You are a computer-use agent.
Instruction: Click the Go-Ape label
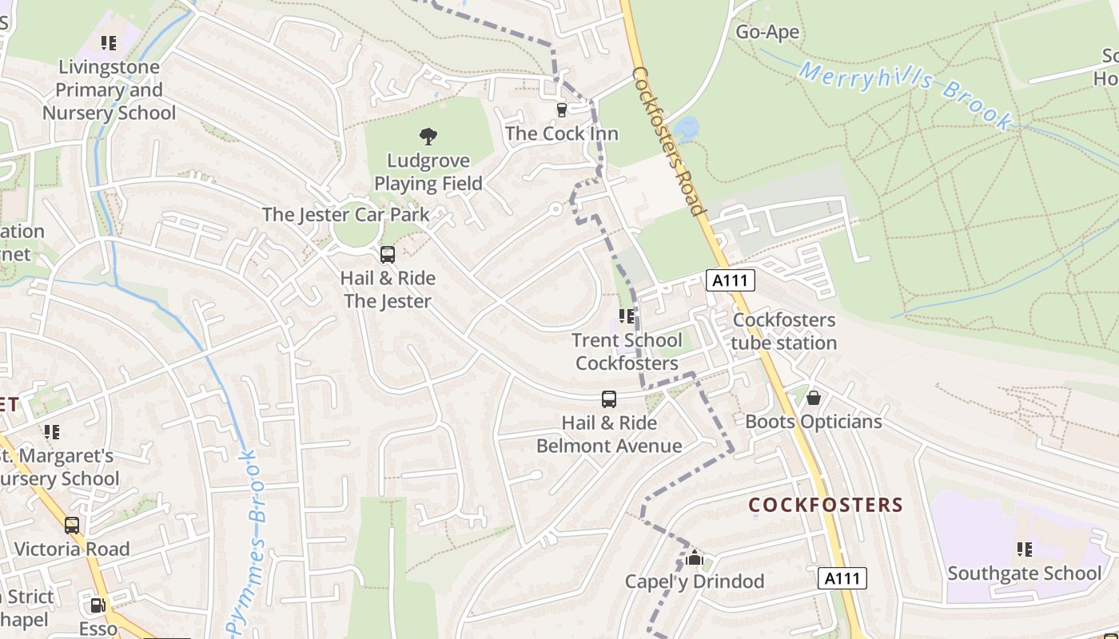click(767, 32)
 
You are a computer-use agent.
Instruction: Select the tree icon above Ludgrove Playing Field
click(428, 137)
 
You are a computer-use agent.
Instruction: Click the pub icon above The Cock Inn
click(561, 109)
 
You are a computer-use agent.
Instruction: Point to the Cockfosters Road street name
click(671, 141)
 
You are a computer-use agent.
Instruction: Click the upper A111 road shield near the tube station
click(731, 280)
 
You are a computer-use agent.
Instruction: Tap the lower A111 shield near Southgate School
click(843, 578)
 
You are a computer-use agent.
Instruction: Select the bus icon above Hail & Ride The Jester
click(388, 255)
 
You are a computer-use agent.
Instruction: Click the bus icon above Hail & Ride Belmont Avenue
click(609, 399)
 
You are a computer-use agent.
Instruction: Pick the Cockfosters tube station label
click(784, 331)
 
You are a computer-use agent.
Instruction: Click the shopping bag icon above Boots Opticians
click(814, 397)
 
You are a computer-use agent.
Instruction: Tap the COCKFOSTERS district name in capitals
click(826, 505)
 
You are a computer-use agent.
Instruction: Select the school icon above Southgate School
click(1024, 549)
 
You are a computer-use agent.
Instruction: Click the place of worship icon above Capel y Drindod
click(695, 557)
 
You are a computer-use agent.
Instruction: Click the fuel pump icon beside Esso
click(98, 605)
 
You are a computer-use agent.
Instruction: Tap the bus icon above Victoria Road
click(72, 525)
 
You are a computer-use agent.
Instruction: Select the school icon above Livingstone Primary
click(109, 43)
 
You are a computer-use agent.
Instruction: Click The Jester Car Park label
click(345, 214)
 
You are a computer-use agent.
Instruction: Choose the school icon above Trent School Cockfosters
click(627, 316)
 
